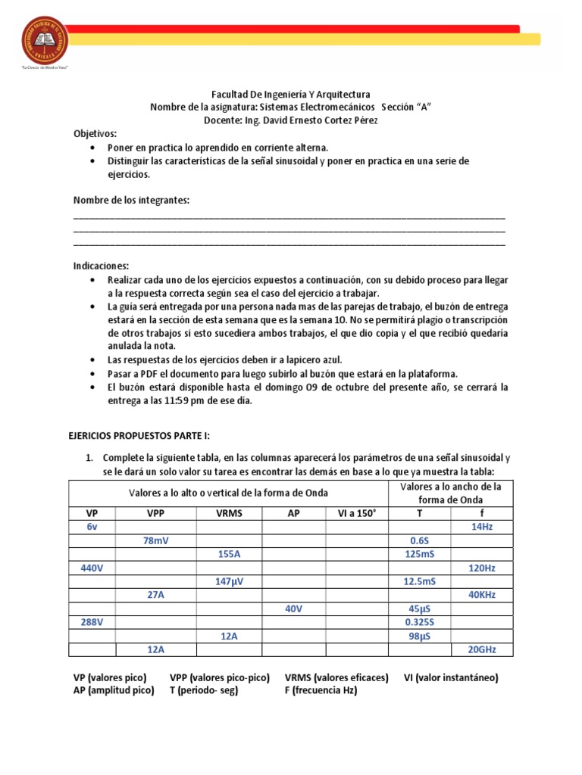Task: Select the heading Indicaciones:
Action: coord(101,266)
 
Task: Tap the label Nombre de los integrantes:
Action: coord(131,200)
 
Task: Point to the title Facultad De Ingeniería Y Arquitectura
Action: coord(291,95)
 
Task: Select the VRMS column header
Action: coord(229,512)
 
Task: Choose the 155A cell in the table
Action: coord(229,554)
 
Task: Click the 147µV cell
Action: coord(229,581)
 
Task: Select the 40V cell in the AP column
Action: coord(293,608)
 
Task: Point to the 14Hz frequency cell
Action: coord(482,527)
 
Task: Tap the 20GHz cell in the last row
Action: coord(482,649)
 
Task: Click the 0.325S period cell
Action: coord(419,622)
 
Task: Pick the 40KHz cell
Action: coord(482,595)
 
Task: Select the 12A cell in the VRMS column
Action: coord(229,636)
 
